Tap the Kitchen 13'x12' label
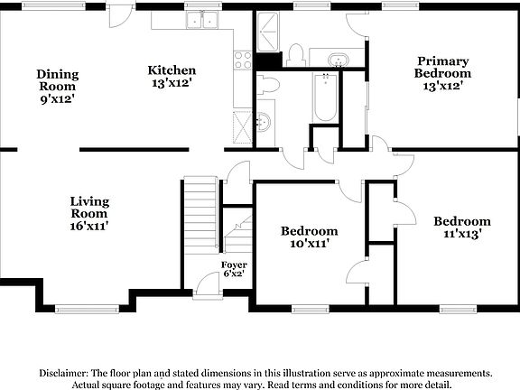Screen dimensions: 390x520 (172, 76)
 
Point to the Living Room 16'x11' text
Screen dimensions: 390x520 (90, 214)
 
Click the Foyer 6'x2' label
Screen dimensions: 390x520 (234, 269)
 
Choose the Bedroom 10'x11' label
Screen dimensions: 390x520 (309, 237)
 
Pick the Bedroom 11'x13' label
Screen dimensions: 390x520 (461, 227)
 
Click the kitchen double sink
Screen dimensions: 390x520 (203, 21)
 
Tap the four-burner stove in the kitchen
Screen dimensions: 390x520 (243, 60)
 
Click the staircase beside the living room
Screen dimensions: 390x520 (200, 213)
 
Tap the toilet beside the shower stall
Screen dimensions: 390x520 (294, 54)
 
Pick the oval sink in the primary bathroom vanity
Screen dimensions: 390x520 (339, 60)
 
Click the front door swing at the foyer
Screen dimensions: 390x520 (207, 284)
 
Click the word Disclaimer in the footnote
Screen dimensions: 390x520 (68, 373)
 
